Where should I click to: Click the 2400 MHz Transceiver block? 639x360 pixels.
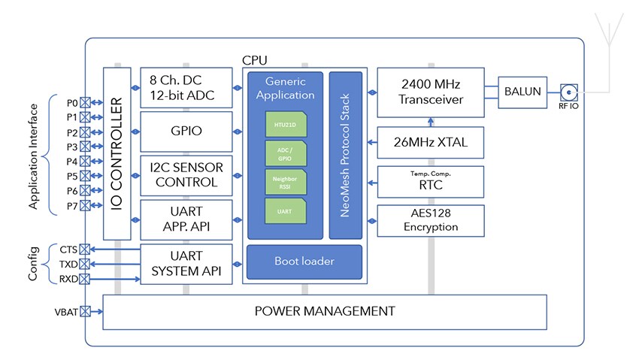click(x=430, y=92)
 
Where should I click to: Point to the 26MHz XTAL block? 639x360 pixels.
click(x=430, y=140)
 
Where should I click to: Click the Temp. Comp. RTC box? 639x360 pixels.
click(x=430, y=180)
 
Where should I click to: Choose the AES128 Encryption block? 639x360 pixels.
click(x=430, y=220)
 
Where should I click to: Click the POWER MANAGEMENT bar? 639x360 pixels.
click(x=324, y=311)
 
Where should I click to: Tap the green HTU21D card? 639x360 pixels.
click(x=285, y=123)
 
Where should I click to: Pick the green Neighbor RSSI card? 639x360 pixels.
click(x=285, y=181)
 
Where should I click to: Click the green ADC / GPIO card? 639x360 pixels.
click(x=285, y=153)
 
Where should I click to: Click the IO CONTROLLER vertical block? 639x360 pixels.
click(x=117, y=153)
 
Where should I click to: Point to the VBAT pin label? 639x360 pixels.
click(x=65, y=311)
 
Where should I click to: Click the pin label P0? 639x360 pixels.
click(x=71, y=102)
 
